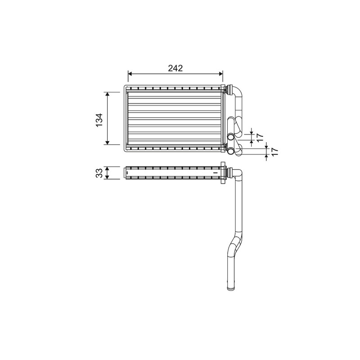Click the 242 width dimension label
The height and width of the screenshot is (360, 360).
[x=175, y=68]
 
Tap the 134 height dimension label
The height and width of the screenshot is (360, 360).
[x=99, y=120]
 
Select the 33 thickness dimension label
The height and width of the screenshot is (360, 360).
[x=99, y=173]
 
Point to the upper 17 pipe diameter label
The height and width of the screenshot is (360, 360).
[x=260, y=137]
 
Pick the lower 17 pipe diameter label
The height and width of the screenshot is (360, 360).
[x=274, y=152]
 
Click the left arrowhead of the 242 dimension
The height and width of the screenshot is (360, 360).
[x=130, y=73]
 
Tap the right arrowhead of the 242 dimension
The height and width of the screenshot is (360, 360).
[x=220, y=73]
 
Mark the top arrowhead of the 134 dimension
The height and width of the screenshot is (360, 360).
[x=107, y=94]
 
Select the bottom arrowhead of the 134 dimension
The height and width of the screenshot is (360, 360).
[x=107, y=143]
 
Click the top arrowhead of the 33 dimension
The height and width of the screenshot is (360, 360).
[x=107, y=169]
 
